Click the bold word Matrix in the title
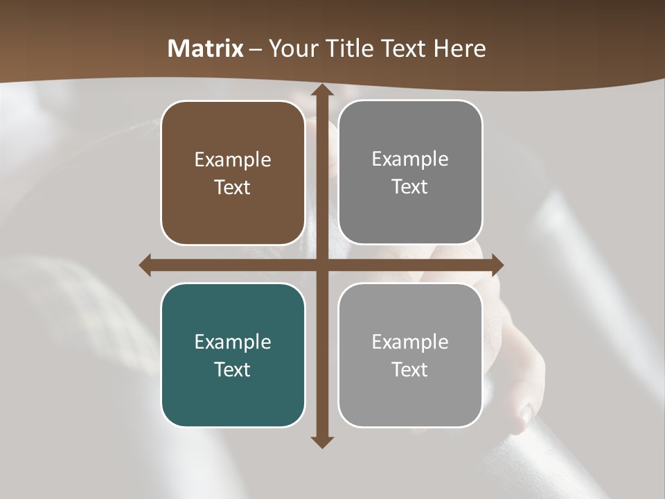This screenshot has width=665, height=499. pyautogui.click(x=206, y=49)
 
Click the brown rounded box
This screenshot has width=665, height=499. pyautogui.click(x=233, y=173)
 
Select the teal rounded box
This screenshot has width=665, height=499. pyautogui.click(x=233, y=355)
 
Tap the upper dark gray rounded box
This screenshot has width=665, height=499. pyautogui.click(x=410, y=173)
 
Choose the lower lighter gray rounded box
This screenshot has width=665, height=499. pyautogui.click(x=410, y=355)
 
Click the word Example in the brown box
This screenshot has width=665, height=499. pyautogui.click(x=233, y=160)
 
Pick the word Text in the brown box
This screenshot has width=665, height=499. pyautogui.click(x=233, y=187)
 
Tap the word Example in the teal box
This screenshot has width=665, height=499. pyautogui.click(x=233, y=342)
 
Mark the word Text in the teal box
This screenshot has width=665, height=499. pyautogui.click(x=233, y=369)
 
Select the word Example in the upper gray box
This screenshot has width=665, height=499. pyautogui.click(x=410, y=159)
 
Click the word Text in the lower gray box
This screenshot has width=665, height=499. pyautogui.click(x=410, y=369)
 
